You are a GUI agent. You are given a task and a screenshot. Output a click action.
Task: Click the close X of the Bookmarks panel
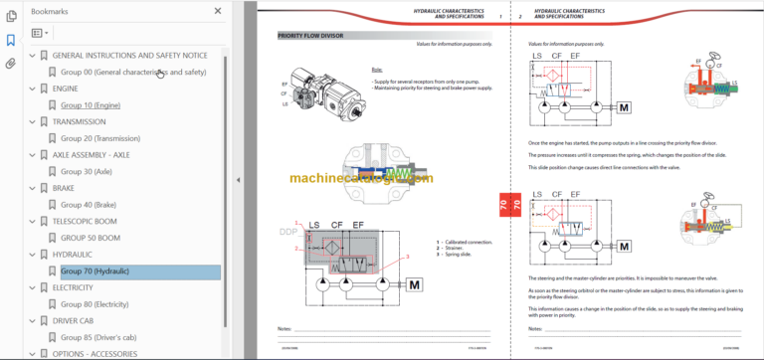[x=218, y=12]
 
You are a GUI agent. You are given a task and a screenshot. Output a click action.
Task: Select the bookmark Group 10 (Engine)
[x=90, y=104]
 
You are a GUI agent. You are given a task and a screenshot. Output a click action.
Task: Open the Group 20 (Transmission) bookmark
[x=101, y=138]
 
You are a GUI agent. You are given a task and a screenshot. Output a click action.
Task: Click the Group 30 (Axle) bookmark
[x=86, y=171]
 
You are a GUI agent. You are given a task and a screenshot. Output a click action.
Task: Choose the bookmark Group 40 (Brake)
[x=89, y=205]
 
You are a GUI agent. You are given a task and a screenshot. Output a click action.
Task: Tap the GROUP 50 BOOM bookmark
[x=91, y=238]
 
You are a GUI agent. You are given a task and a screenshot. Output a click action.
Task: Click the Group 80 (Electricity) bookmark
[x=95, y=304]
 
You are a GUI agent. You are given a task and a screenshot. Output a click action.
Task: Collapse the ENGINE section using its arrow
[x=32, y=89]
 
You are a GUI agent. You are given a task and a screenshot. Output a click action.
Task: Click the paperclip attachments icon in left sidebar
[x=11, y=63]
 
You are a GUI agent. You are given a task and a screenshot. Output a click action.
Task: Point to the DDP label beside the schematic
[x=288, y=232]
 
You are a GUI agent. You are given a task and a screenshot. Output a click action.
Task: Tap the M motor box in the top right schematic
[x=624, y=106]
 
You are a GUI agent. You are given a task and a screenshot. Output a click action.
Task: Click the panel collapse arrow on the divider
[x=238, y=180]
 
